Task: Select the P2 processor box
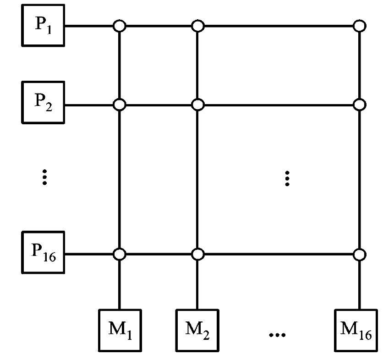tap(43, 103)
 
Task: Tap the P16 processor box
tap(43, 252)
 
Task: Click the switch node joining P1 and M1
tap(119, 26)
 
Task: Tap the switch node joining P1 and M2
tap(197, 26)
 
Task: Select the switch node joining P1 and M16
tap(360, 26)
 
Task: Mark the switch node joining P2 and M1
tap(119, 105)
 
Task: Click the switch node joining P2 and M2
tap(197, 105)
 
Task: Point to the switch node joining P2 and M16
tap(360, 105)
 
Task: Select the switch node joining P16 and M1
tap(119, 254)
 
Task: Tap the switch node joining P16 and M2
tap(197, 254)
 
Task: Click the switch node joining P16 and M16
tap(360, 254)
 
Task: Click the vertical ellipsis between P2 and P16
tap(44, 177)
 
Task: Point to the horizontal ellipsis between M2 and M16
tap(277, 335)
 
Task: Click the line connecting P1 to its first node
tap(89, 26)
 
